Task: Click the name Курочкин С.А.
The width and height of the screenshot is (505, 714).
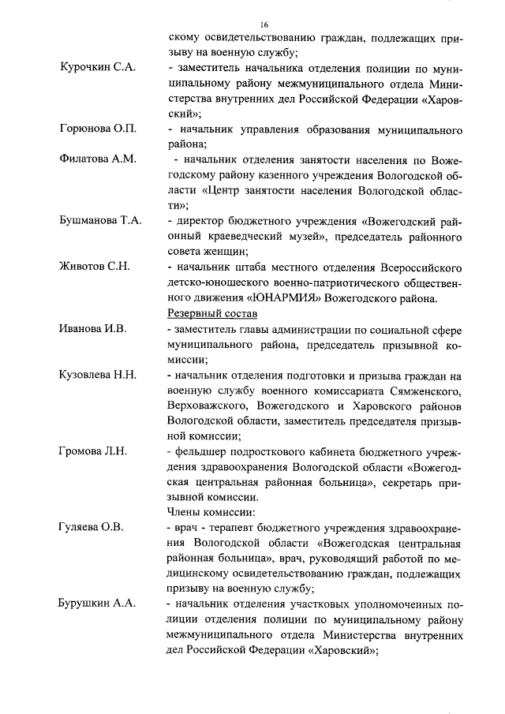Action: click(98, 68)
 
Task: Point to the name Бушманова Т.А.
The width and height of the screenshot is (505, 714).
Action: click(100, 220)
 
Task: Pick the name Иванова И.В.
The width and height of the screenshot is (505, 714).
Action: click(93, 327)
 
